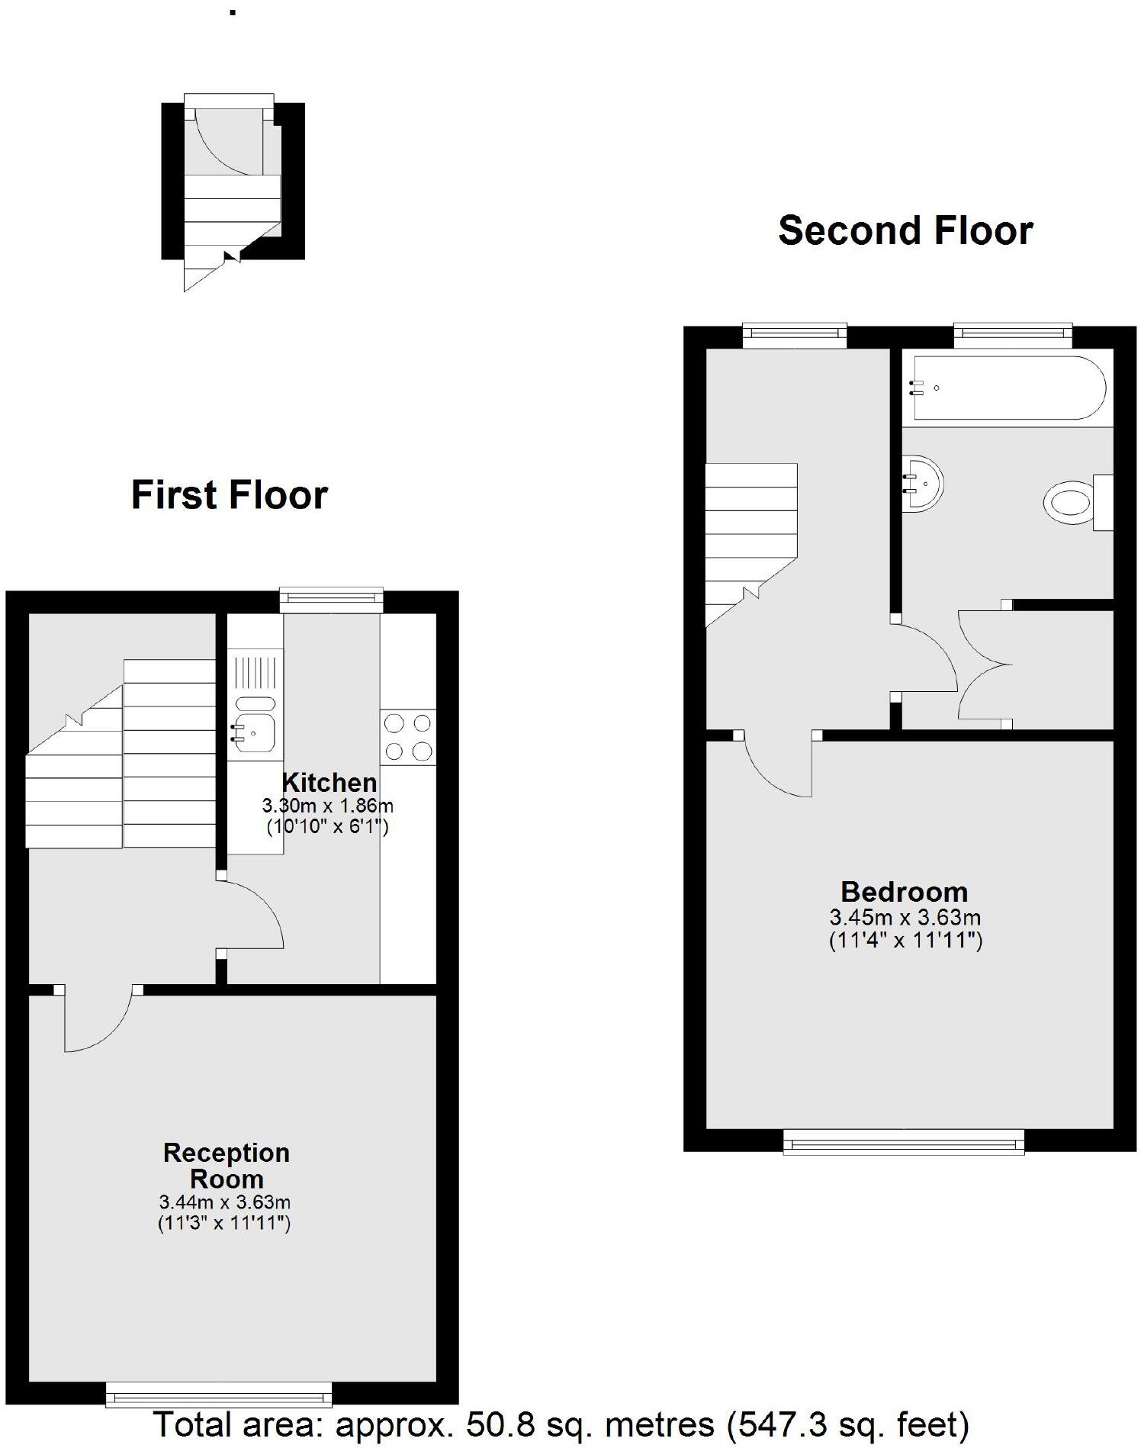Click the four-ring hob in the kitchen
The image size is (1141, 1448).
(x=408, y=737)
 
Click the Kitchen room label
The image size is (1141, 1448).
(x=329, y=783)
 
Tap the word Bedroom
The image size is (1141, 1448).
(x=904, y=892)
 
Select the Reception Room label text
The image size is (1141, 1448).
(x=227, y=1165)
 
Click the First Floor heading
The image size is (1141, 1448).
(x=230, y=495)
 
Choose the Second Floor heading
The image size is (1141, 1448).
(x=905, y=230)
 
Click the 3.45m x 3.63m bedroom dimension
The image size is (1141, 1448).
(x=905, y=917)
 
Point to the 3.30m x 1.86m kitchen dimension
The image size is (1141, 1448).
(x=328, y=806)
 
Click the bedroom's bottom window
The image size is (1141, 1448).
(x=904, y=1143)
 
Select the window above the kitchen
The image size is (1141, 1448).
(x=331, y=600)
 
